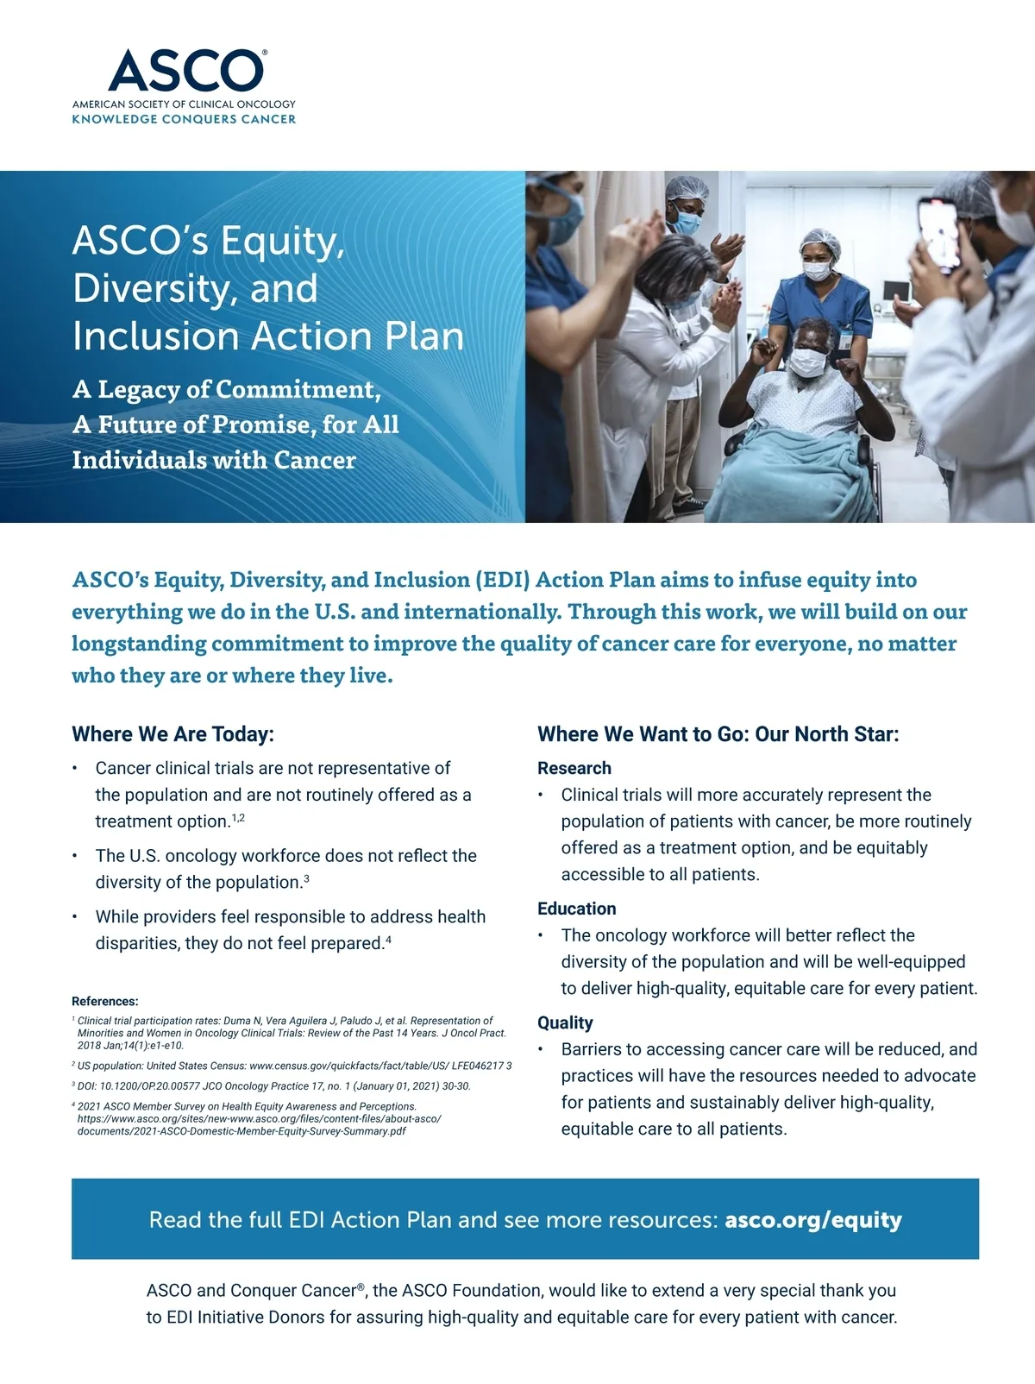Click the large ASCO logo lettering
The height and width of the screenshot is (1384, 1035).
coord(185,71)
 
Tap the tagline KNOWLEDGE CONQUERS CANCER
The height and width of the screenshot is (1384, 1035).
coord(184,119)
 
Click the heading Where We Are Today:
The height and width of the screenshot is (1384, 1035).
coord(172,734)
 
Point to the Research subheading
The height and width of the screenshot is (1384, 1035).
coord(574,768)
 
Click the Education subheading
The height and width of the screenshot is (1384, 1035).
coord(576,909)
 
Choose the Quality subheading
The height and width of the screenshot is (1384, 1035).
coord(565,1022)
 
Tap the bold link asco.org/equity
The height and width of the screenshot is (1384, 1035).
coord(812,1219)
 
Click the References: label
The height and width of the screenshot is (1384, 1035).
coord(104,1001)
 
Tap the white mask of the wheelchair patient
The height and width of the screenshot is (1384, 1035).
coord(807,362)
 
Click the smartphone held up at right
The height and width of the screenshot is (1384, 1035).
coord(938,231)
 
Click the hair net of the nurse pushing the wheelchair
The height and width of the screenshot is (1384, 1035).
coord(819,242)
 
